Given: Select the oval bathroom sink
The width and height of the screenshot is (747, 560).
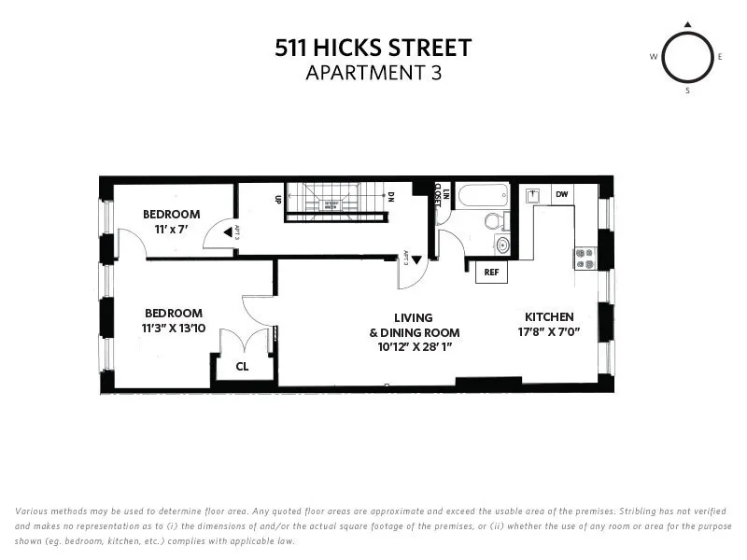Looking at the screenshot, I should click(x=503, y=245).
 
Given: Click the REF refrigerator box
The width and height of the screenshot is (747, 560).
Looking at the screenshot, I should click(x=490, y=273).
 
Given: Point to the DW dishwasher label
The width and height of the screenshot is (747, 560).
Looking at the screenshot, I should click(x=561, y=194).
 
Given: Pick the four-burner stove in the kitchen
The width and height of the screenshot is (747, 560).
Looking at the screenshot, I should click(x=585, y=258).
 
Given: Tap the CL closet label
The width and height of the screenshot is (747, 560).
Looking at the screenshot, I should click(x=242, y=367).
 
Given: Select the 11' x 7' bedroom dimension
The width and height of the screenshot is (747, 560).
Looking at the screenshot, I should click(x=171, y=230).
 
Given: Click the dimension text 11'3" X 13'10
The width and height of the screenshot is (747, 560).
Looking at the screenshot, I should click(x=173, y=328).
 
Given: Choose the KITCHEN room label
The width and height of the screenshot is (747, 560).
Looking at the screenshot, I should click(x=549, y=316).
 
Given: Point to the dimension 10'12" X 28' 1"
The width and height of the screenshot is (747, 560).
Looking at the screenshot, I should click(x=414, y=347).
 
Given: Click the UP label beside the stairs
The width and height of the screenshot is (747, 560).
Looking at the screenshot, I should click(x=278, y=199).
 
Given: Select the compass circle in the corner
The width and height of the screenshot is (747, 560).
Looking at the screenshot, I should click(x=688, y=57).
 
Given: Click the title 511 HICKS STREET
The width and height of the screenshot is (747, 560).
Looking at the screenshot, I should click(x=373, y=48).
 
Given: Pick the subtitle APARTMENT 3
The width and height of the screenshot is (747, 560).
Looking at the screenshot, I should click(x=373, y=73).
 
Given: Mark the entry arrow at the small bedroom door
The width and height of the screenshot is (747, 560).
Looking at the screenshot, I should click(x=226, y=233).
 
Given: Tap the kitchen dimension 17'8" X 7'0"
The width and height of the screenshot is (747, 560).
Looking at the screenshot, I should click(x=549, y=331).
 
